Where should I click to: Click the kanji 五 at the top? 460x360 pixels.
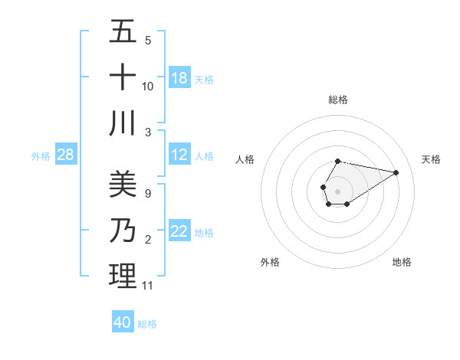[x=123, y=32]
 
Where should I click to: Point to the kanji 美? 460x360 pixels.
[x=123, y=185]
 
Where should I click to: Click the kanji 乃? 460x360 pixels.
[x=123, y=231]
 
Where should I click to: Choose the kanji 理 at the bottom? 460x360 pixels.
[x=123, y=276]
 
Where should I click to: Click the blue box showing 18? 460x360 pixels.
[x=179, y=78]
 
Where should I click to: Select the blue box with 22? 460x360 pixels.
[x=179, y=232]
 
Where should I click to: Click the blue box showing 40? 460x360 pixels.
[x=123, y=322]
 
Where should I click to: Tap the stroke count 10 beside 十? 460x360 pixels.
[x=148, y=86]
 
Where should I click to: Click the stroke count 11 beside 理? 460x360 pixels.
[x=148, y=286]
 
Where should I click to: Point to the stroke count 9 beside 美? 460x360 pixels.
[x=147, y=194]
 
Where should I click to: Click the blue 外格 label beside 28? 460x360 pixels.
[x=41, y=156]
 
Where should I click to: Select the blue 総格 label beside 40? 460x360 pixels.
[x=147, y=324]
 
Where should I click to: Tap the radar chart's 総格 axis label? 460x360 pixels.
[x=337, y=100]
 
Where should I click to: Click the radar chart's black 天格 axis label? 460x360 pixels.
[x=432, y=159]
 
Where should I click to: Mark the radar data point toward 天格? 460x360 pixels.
[x=396, y=172]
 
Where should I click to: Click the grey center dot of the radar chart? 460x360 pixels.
[x=337, y=190]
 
